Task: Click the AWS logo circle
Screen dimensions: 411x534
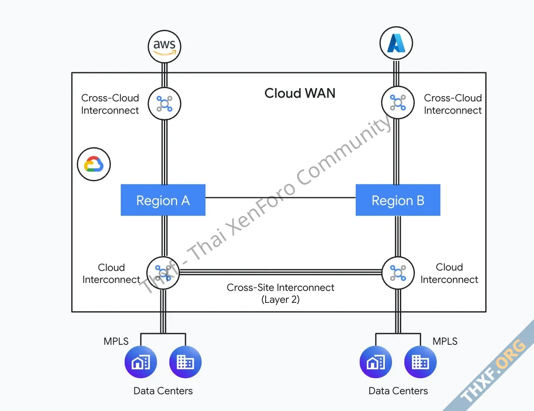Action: (x=164, y=46)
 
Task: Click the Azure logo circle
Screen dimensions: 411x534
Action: (x=396, y=43)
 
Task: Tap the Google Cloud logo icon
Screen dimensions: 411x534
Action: (x=94, y=164)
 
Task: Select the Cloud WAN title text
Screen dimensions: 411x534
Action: (x=300, y=93)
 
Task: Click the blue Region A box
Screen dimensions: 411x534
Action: (x=163, y=200)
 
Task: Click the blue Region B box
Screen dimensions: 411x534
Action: (x=398, y=200)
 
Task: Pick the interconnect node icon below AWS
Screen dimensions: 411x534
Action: (x=164, y=104)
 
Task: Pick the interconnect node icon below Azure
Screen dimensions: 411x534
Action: (x=398, y=103)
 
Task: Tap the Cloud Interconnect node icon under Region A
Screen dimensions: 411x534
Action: (x=163, y=273)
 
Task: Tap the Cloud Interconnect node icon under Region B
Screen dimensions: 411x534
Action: (x=398, y=273)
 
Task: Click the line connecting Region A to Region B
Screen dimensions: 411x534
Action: (x=280, y=198)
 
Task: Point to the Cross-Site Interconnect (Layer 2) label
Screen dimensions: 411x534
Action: (x=280, y=293)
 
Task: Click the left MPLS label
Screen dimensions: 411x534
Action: (x=116, y=341)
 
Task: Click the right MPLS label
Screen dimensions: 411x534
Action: (x=445, y=341)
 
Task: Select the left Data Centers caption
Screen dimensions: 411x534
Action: (x=163, y=391)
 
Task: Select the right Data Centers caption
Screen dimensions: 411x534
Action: (x=398, y=391)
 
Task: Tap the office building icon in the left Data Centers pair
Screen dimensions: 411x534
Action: (x=185, y=362)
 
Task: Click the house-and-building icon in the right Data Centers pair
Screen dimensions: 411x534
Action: (x=376, y=362)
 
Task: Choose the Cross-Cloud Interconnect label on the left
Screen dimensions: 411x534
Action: (x=110, y=104)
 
